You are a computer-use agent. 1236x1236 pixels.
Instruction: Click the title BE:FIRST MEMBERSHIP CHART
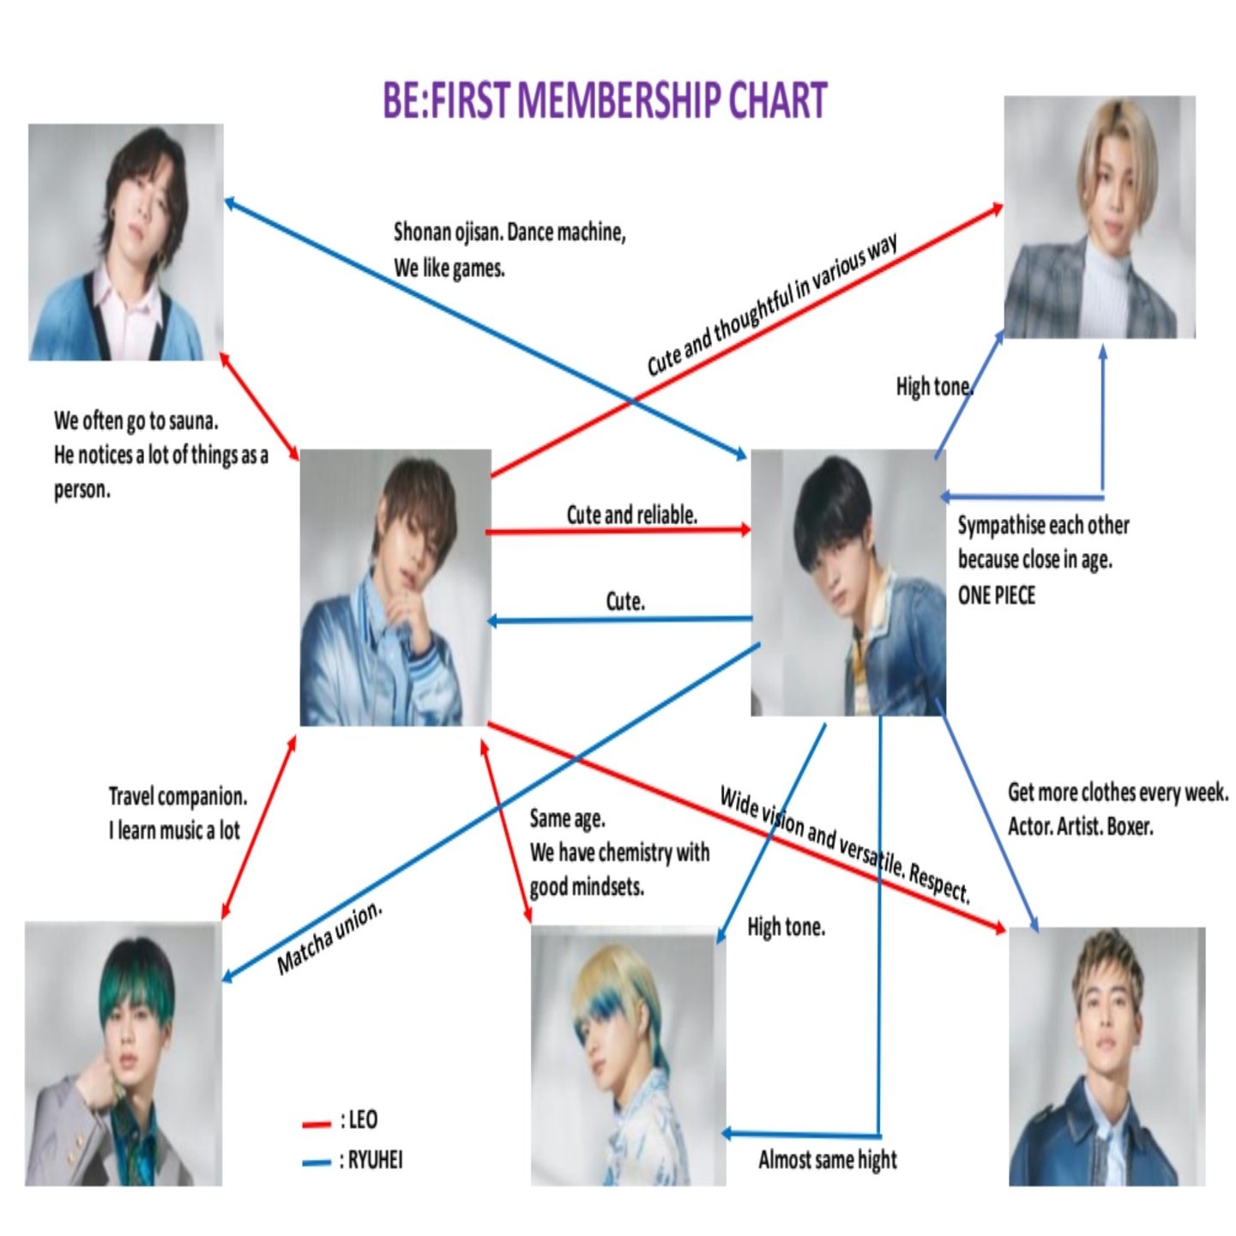click(x=605, y=100)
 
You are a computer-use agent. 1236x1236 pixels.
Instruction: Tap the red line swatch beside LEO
click(x=317, y=1124)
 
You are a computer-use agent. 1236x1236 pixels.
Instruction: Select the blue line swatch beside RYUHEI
click(x=317, y=1163)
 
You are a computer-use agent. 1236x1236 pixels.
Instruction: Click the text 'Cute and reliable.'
click(x=631, y=515)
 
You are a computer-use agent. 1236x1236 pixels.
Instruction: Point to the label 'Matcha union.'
click(x=329, y=939)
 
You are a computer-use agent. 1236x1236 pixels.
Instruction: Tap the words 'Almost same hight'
click(x=827, y=1160)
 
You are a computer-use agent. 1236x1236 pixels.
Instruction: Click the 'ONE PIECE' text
click(x=996, y=595)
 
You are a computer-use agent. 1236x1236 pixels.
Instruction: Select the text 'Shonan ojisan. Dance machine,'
click(x=509, y=232)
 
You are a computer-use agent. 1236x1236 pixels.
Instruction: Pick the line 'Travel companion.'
click(x=178, y=797)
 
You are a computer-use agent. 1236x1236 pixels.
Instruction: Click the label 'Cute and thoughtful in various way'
click(x=772, y=304)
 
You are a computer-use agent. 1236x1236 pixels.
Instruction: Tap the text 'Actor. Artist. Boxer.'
click(x=1080, y=827)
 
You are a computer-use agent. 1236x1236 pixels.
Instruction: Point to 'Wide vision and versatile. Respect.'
click(x=845, y=844)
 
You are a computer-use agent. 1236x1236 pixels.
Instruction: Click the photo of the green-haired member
click(x=124, y=1054)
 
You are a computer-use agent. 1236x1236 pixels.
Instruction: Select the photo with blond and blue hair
click(x=628, y=1056)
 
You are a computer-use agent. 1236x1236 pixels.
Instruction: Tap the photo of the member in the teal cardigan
click(x=126, y=242)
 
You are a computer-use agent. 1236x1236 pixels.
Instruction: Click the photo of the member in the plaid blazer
click(x=1100, y=217)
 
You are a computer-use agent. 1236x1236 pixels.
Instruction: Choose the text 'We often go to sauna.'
click(x=136, y=421)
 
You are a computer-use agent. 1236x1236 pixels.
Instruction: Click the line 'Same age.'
click(x=567, y=819)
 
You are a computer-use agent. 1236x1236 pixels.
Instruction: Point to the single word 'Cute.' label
click(x=625, y=601)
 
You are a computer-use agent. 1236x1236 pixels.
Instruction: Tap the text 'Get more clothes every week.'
click(x=1118, y=793)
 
